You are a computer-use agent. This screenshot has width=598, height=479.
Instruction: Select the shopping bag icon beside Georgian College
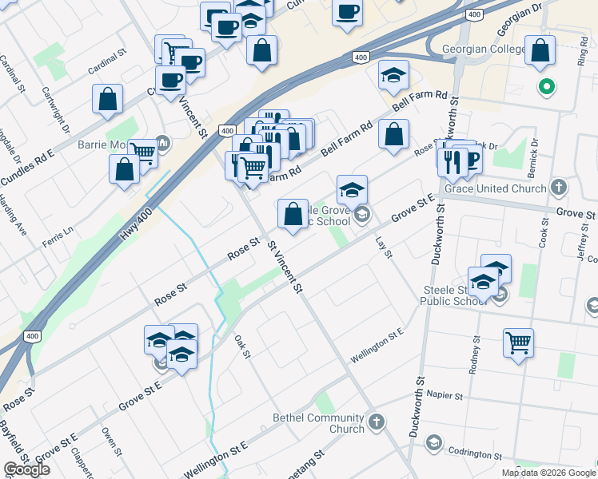point(540,50)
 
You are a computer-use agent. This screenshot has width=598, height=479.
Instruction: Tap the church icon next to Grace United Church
point(559,188)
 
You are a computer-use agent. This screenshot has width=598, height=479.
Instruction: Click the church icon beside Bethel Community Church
point(377,421)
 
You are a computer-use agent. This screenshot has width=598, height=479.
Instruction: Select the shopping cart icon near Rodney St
point(518,343)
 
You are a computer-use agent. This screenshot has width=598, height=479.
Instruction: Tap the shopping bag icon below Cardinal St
point(107,100)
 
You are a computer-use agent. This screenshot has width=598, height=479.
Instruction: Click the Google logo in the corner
point(26,469)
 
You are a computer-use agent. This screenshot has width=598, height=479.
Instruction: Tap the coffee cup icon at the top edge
point(348,13)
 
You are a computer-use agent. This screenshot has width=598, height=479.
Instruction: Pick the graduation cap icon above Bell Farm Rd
point(393,75)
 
